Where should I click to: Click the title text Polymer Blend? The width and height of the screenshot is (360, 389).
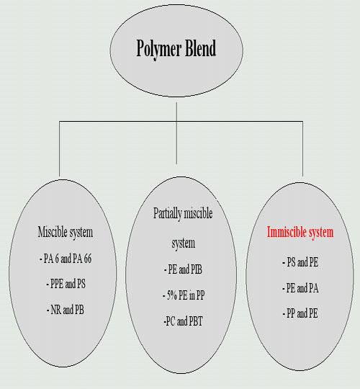point(176,49)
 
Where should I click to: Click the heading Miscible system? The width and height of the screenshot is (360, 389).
point(66,233)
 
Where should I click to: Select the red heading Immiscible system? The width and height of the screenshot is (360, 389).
point(300,233)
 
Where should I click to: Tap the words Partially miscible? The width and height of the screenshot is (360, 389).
point(183,214)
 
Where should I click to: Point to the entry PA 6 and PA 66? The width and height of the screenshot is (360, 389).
point(66,259)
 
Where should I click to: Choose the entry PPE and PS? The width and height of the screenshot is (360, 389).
point(66,284)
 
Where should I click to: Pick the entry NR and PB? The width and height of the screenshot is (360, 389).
point(66,310)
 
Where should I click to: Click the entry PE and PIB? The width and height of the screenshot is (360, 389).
point(183,269)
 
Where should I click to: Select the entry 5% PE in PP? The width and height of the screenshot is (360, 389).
point(184,295)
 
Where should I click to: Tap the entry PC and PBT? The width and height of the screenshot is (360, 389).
point(183,321)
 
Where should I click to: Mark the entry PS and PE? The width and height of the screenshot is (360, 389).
point(300,262)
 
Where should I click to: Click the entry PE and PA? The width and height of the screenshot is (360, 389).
point(300,288)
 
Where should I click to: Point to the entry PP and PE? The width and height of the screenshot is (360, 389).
point(300,313)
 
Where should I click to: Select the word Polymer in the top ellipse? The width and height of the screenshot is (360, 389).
point(159,50)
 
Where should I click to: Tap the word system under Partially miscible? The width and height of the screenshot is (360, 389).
point(184,243)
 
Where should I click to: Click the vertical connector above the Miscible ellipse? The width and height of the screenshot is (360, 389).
point(60,148)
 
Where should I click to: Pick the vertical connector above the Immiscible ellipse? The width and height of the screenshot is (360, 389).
point(302,148)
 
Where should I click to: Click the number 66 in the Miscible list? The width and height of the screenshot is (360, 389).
point(88,259)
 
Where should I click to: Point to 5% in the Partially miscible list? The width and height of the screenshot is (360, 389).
point(171,295)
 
